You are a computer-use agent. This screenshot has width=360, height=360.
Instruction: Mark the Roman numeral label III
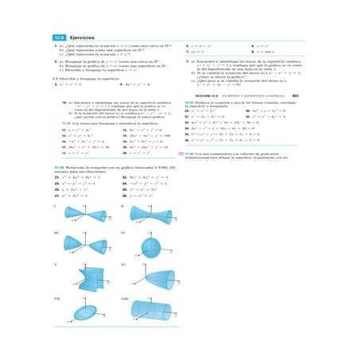(x=56, y=233)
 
